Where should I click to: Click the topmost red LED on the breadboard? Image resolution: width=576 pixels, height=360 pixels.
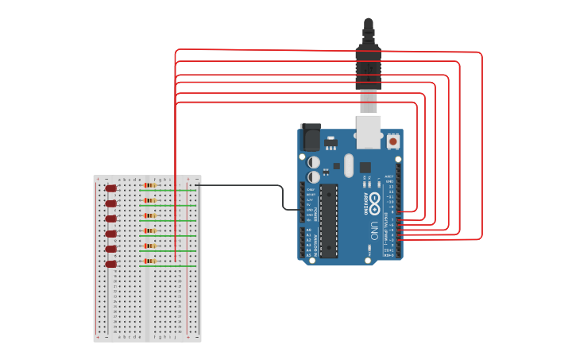[x=111, y=188]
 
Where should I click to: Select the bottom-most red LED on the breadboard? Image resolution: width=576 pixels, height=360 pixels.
[x=111, y=263]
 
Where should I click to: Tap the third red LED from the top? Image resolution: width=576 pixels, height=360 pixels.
[x=111, y=218]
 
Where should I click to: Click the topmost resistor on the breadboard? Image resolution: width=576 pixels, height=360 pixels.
[x=149, y=185]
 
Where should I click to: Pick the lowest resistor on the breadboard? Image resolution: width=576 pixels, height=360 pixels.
[x=149, y=261]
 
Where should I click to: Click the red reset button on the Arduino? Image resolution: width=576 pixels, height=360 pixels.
[x=392, y=141]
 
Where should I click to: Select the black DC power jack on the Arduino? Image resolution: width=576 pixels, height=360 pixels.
[x=309, y=137]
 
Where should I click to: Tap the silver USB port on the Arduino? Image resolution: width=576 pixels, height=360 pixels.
[x=368, y=132]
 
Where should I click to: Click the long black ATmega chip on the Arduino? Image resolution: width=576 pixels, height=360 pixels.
[x=328, y=220]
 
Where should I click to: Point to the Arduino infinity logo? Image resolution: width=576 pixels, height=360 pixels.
[x=374, y=199]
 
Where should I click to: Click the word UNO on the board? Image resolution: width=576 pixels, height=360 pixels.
[x=374, y=231]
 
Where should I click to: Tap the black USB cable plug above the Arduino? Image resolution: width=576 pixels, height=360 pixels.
[x=368, y=64]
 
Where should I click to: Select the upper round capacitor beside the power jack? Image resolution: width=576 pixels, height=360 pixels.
[x=314, y=161]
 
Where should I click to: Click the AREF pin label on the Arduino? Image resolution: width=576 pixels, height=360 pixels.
[x=389, y=176]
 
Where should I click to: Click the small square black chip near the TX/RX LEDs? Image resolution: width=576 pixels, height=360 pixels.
[x=365, y=168]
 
